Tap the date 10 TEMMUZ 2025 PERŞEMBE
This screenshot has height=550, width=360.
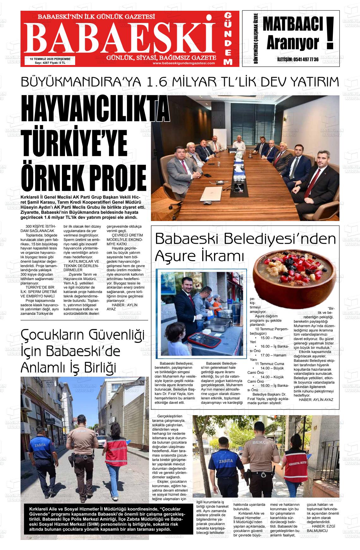click(50, 59)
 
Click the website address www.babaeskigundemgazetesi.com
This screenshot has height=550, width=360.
click(184, 63)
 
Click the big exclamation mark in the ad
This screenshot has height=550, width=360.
click(330, 33)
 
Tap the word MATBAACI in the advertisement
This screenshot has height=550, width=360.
click(293, 25)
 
